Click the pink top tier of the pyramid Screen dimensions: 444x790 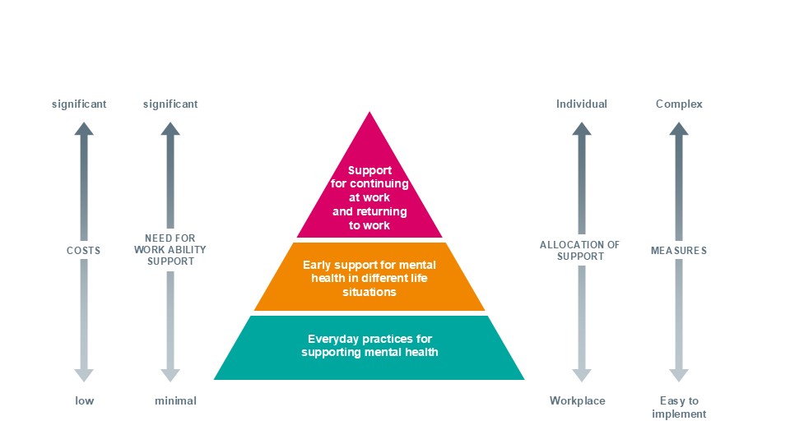(x=369, y=197)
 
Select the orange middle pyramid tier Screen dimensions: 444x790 (x=369, y=278)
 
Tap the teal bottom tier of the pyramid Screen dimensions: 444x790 (x=369, y=346)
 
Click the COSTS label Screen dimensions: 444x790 (x=84, y=250)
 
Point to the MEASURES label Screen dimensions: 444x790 (x=679, y=250)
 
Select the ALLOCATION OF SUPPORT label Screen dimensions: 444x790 (x=582, y=250)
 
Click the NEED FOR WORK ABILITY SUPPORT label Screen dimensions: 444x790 (x=170, y=250)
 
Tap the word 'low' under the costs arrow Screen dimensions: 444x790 (x=84, y=400)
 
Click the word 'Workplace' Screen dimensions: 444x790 (x=577, y=400)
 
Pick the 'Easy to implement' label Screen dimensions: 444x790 (x=679, y=407)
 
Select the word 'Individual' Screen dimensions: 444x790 (x=582, y=104)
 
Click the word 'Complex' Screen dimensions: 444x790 (x=679, y=104)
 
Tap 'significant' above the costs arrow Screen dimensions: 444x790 (x=79, y=104)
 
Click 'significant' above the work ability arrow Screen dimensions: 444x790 (x=170, y=104)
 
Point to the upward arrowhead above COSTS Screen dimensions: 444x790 (x=84, y=128)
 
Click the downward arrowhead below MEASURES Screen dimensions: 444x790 (x=679, y=375)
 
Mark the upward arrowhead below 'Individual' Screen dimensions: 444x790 (x=582, y=128)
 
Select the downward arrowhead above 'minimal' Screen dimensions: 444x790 (x=170, y=375)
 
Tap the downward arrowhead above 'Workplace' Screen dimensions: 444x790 (x=582, y=375)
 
